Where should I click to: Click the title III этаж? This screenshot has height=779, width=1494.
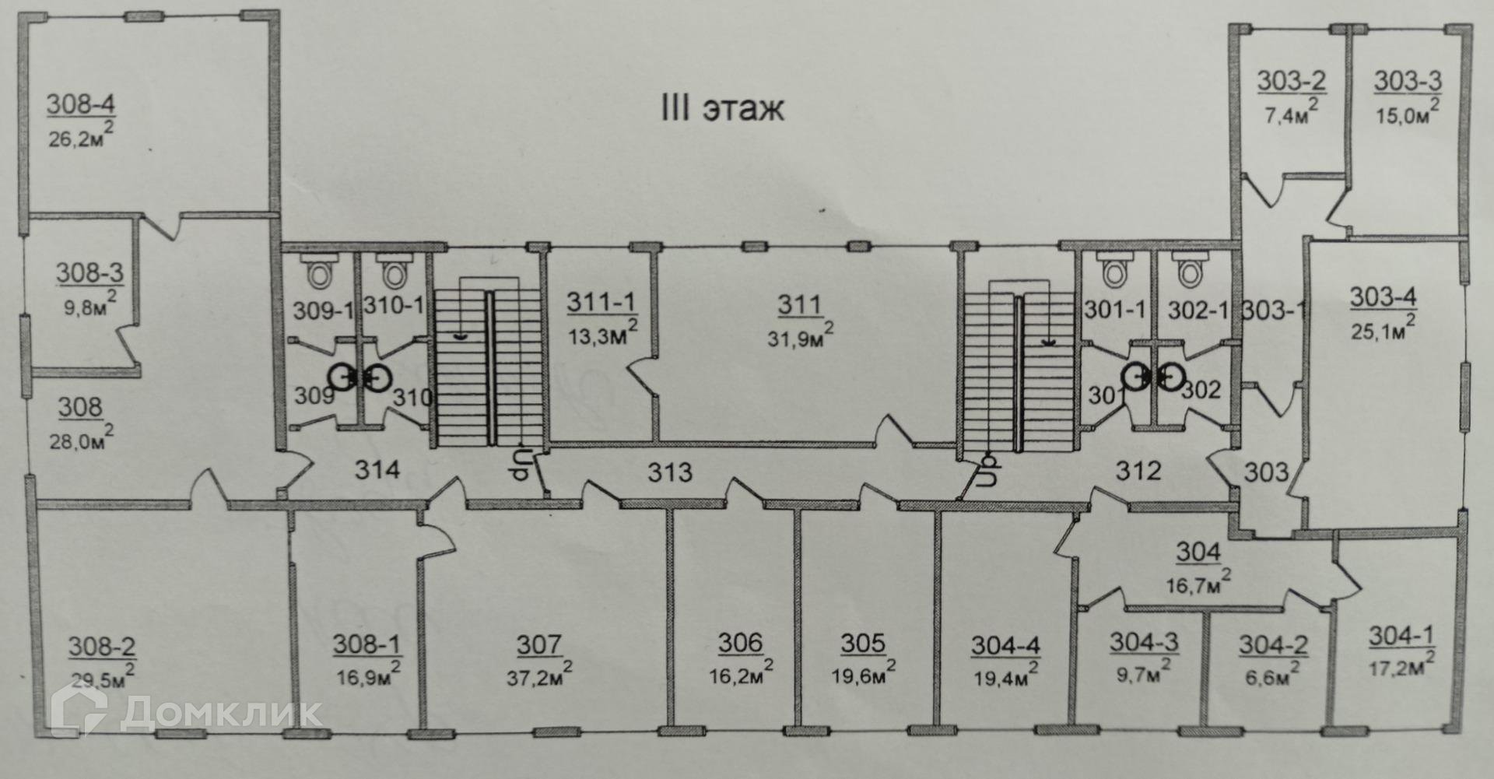722,109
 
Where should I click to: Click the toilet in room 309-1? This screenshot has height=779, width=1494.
319,273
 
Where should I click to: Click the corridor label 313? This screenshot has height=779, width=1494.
670,472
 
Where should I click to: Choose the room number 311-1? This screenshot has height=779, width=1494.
601,303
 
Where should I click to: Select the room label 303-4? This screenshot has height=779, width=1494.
1383,297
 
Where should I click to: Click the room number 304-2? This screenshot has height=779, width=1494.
1273,645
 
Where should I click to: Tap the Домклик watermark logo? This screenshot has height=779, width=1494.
187,711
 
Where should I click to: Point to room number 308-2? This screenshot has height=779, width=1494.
102,646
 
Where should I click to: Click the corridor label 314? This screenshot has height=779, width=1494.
377,469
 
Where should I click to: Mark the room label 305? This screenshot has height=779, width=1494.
863,644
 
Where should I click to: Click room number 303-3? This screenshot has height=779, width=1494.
1407,81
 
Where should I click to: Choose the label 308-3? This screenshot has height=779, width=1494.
89,273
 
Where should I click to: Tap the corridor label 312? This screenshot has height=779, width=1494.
1138,470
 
